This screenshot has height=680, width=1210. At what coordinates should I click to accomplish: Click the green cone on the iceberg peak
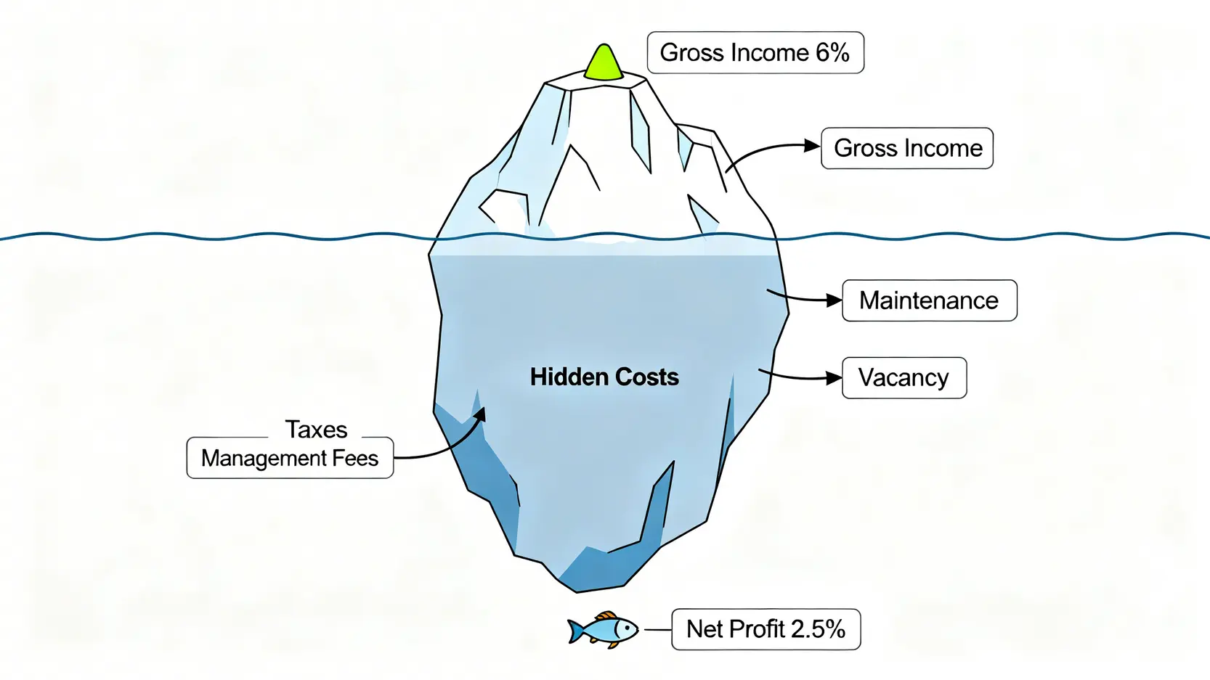click(604, 63)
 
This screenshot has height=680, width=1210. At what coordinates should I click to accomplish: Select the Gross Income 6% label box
click(755, 53)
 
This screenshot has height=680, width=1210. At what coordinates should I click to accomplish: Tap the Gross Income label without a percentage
click(907, 149)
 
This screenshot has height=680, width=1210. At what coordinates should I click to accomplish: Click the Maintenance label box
click(929, 300)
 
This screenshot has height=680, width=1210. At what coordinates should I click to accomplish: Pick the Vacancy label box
click(904, 378)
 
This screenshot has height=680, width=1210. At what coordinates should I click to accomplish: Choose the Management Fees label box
click(290, 459)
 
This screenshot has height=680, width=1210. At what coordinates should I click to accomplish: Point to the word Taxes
click(316, 430)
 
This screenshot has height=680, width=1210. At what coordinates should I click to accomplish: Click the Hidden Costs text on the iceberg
click(604, 377)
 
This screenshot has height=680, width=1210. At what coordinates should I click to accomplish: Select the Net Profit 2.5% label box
click(766, 629)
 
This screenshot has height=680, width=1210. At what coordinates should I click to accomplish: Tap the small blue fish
click(603, 630)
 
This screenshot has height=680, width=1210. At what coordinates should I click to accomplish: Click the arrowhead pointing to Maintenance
click(834, 300)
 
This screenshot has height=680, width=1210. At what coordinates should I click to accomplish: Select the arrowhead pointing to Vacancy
click(834, 377)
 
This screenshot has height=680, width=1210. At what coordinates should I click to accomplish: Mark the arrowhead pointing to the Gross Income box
click(812, 146)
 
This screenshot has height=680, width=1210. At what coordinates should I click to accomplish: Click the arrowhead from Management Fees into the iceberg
click(481, 413)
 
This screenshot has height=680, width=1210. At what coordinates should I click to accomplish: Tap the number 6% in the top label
click(832, 53)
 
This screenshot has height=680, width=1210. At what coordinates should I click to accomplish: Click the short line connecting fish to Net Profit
click(657, 630)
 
